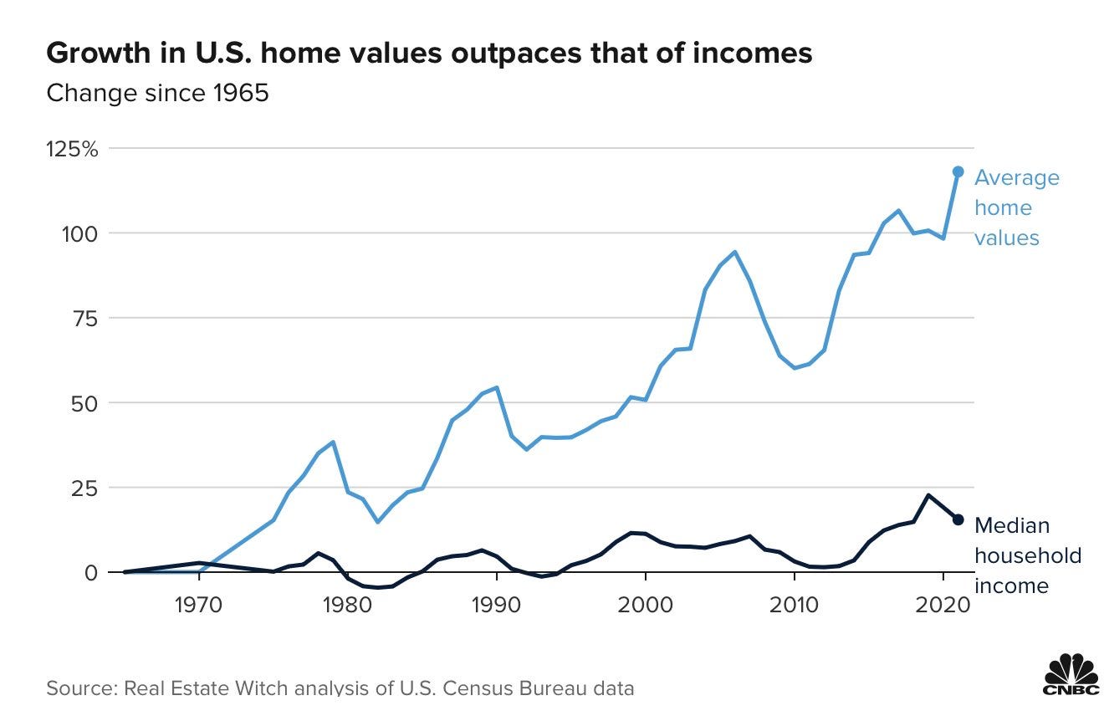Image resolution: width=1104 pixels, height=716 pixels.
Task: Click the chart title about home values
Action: pyautogui.click(x=429, y=53)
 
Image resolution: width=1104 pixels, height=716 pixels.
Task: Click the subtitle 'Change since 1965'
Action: pyautogui.click(x=157, y=92)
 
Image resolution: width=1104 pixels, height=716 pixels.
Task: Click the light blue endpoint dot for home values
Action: pyautogui.click(x=958, y=171)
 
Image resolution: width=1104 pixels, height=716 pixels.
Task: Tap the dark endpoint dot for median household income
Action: pyautogui.click(x=958, y=519)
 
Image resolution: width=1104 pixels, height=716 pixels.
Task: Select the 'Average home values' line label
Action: pyautogui.click(x=1016, y=207)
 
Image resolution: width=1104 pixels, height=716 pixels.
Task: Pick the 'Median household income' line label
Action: pyautogui.click(x=1027, y=555)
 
